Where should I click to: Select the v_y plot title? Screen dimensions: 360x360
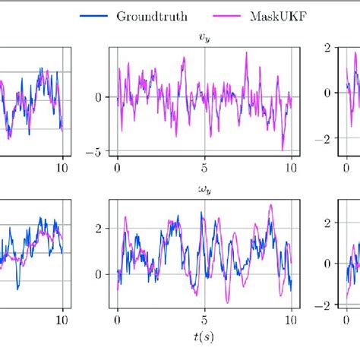pyautogui.click(x=204, y=35)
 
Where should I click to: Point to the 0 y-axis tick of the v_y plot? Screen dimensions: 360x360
pyautogui.click(x=98, y=97)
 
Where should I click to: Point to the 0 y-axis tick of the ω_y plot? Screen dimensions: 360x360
pyautogui.click(x=98, y=274)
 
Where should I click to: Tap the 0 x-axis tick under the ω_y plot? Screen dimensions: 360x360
pyautogui.click(x=118, y=320)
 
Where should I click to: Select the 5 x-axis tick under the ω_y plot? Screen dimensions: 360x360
pyautogui.click(x=204, y=320)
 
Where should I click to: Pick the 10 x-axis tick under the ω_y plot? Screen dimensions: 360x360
pyautogui.click(x=291, y=320)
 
